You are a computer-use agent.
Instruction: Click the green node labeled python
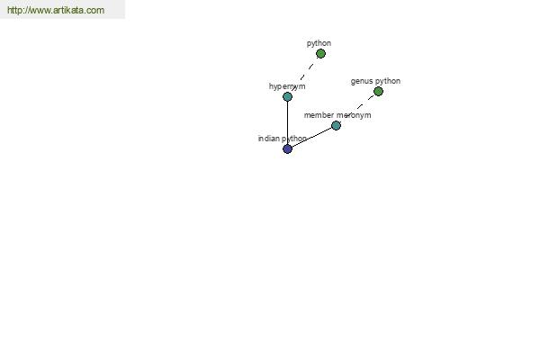[x=320, y=54]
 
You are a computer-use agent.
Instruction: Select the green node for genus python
[x=378, y=91]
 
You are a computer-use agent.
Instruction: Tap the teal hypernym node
[x=288, y=97]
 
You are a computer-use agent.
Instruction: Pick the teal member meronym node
[x=336, y=125]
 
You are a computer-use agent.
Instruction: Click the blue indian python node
[x=288, y=148]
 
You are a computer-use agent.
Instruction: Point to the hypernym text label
[x=287, y=86]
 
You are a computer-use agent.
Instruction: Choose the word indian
[x=269, y=139]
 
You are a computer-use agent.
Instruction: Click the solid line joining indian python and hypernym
[x=288, y=122]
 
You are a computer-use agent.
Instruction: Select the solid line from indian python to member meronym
[x=311, y=137]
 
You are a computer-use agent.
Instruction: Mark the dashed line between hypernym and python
[x=304, y=75]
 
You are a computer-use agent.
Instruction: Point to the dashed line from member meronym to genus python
[x=357, y=108]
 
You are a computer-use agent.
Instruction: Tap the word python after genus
[x=388, y=81]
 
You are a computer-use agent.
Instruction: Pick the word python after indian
[x=294, y=139]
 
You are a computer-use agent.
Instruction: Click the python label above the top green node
[x=319, y=43]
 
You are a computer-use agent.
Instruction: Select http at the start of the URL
[x=13, y=10]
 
